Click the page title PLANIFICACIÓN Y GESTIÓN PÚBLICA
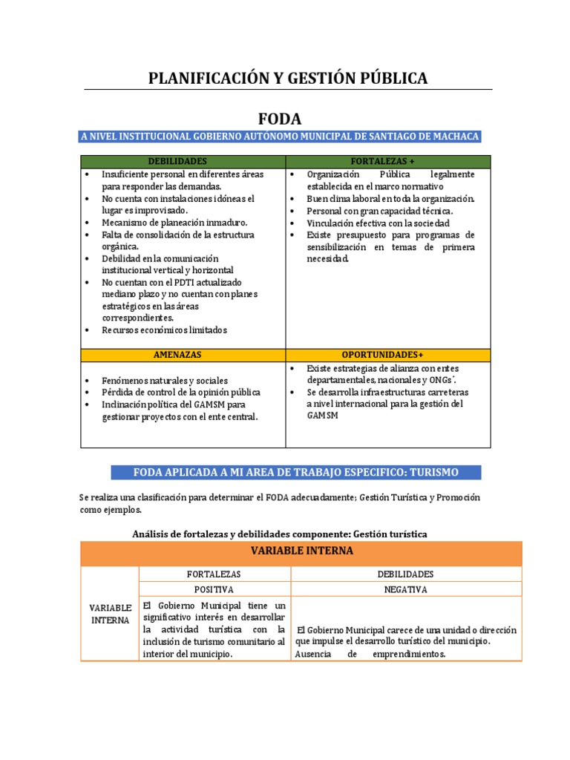point(288,77)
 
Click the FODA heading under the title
point(280,119)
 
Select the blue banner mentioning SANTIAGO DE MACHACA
point(280,136)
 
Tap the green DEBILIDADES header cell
point(183,161)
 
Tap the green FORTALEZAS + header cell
point(387,161)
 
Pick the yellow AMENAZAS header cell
point(183,356)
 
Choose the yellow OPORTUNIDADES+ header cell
point(387,356)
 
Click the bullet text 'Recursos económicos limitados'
point(164,330)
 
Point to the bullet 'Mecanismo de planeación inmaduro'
point(174,223)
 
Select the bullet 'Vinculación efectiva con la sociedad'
point(378,223)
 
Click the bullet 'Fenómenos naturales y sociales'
point(165,380)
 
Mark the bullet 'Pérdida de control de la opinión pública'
point(181,392)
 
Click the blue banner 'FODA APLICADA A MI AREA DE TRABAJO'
point(295,472)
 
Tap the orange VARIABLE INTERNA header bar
point(301,551)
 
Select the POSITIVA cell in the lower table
point(214,589)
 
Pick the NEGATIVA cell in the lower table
point(405,589)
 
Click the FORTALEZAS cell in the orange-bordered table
point(214,574)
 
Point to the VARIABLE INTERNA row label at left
point(110,614)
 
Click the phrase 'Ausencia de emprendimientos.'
point(370,654)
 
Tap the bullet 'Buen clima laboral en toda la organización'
point(390,199)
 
